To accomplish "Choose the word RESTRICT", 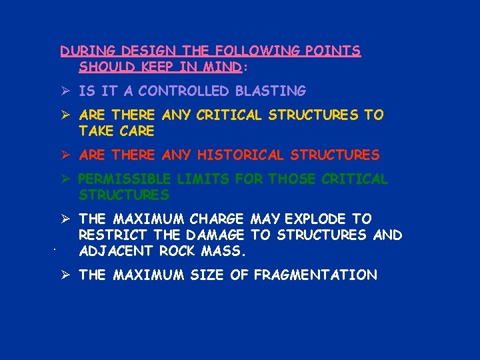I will click(113, 235).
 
